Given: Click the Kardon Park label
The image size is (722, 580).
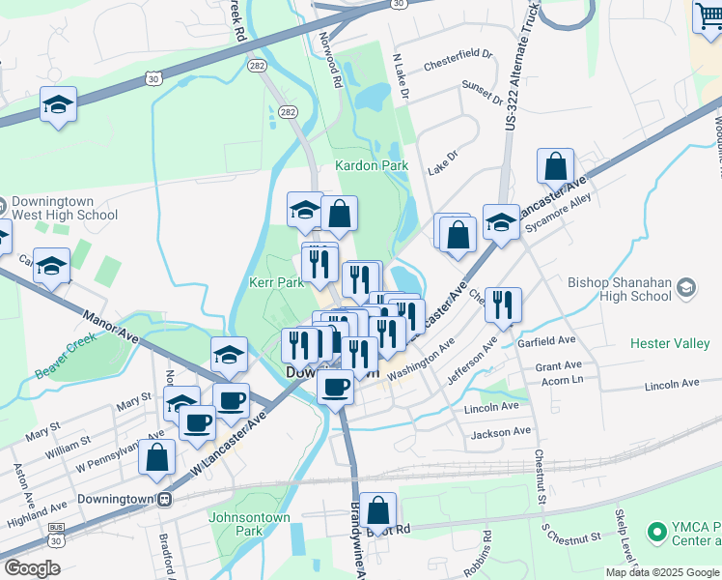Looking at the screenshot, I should pyautogui.click(x=372, y=166).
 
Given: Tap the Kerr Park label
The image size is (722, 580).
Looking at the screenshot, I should pyautogui.click(x=277, y=283).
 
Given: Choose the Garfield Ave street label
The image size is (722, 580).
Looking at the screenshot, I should pyautogui.click(x=546, y=340).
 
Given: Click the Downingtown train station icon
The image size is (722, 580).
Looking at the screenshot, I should pyautogui.click(x=166, y=500).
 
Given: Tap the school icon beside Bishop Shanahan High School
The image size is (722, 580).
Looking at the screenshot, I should pyautogui.click(x=685, y=286).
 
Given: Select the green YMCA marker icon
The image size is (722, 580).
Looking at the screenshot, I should pyautogui.click(x=657, y=533).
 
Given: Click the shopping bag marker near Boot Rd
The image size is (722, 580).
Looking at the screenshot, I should pyautogui.click(x=380, y=511).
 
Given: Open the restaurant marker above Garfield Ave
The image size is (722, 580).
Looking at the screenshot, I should pyautogui.click(x=503, y=305).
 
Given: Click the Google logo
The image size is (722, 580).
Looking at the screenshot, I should pyautogui.click(x=32, y=568).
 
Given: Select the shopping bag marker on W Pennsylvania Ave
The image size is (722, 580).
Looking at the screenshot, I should pyautogui.click(x=156, y=457).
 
